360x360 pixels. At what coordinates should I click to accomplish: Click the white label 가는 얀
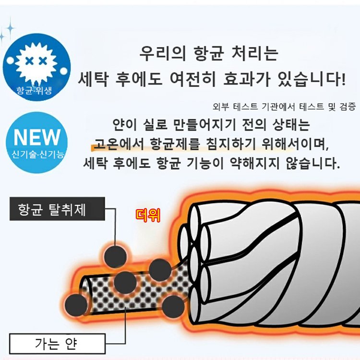coord(56,344)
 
